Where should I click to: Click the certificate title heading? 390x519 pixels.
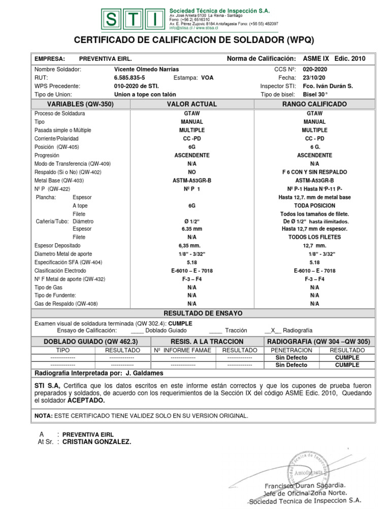(x=194, y=40)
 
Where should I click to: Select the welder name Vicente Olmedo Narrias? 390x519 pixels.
(x=146, y=69)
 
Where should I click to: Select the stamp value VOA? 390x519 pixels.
(x=207, y=78)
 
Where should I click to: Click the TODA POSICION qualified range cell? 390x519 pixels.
(x=314, y=206)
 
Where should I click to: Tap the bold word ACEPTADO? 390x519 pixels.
(x=86, y=400)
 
